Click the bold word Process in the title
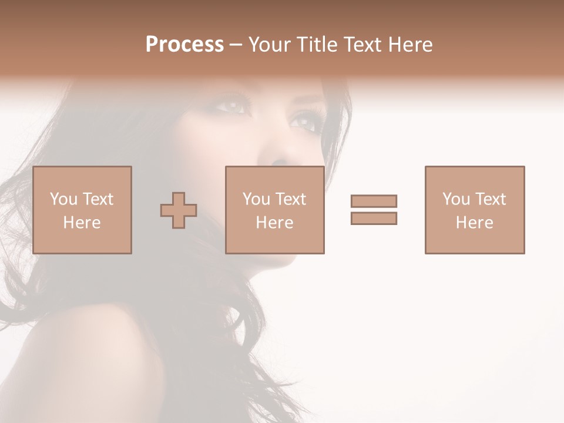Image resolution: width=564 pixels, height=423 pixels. [184, 45]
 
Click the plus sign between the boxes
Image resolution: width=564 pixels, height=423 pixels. [179, 210]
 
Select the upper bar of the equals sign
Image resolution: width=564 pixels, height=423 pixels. [374, 201]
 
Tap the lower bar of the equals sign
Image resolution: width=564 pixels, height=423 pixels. [374, 218]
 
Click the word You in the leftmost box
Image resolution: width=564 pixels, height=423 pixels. [63, 199]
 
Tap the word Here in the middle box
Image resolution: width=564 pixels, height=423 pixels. [275, 223]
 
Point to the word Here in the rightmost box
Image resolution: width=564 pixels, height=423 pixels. [475, 223]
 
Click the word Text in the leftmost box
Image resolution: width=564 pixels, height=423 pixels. [97, 199]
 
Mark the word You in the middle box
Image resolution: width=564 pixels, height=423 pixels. [256, 199]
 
